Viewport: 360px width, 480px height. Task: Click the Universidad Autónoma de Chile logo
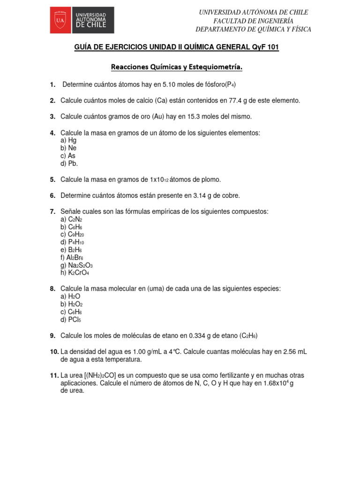82,20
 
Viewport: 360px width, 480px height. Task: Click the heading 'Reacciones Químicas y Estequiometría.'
177,67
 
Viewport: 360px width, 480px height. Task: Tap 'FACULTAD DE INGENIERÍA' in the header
253,21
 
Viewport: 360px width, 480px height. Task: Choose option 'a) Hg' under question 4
68,140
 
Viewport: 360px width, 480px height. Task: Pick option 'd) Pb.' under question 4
69,164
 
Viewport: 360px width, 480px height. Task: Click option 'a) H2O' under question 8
71,297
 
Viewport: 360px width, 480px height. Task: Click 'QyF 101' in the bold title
265,48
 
